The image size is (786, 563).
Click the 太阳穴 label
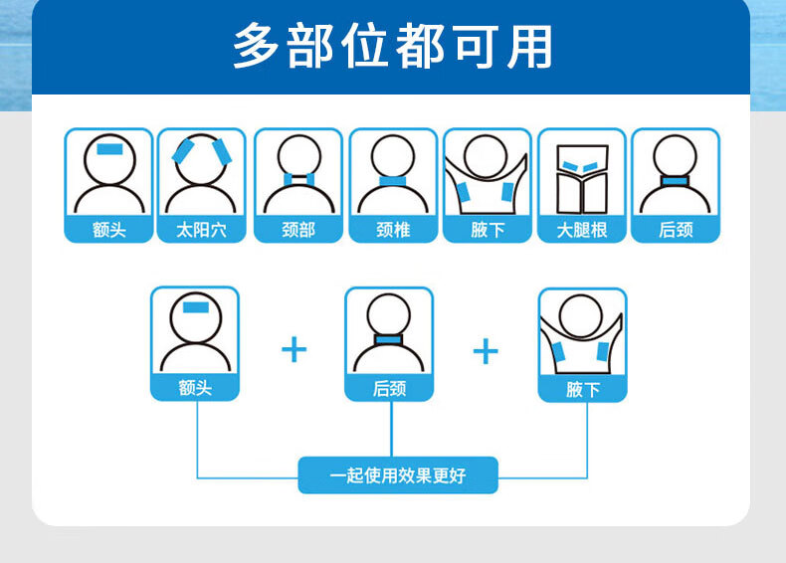201,230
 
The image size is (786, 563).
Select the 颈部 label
297,230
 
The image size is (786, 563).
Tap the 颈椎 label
393,230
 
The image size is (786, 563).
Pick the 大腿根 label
582,230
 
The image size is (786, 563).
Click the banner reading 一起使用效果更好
398,475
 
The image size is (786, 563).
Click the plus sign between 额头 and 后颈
294,349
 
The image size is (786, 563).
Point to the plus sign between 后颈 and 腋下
486,350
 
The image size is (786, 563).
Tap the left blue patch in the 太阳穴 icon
183,151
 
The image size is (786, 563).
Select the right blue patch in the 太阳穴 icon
220,151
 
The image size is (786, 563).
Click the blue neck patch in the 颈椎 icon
393,181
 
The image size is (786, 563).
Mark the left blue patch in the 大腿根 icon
568,165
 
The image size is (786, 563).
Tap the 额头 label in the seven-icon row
108,230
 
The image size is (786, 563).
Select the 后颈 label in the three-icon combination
389,388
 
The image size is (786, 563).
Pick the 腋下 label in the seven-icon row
488,230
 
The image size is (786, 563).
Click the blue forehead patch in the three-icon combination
194,306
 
